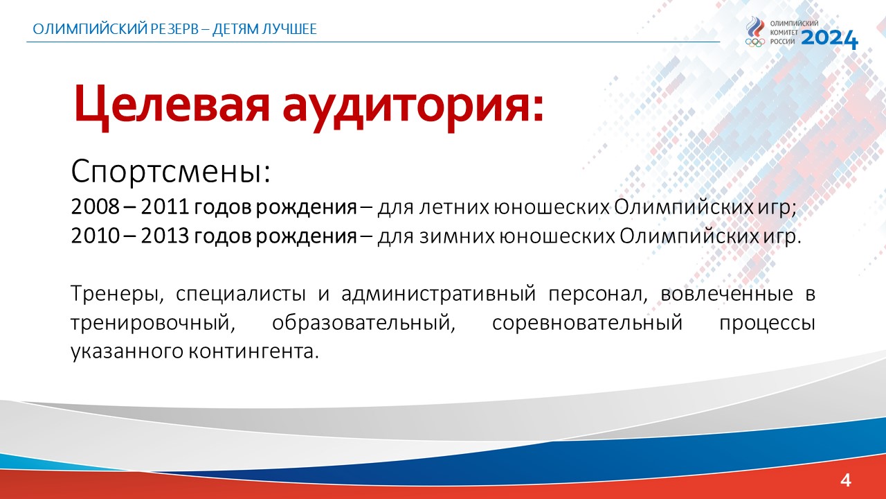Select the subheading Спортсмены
click(x=170, y=171)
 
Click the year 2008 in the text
click(x=96, y=207)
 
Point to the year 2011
click(x=165, y=207)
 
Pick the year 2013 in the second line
click(x=165, y=236)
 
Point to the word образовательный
click(x=363, y=323)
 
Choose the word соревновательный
click(x=588, y=323)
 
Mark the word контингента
click(x=253, y=351)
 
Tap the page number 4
click(x=845, y=480)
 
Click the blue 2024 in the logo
click(x=829, y=39)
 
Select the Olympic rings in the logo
click(x=754, y=42)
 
